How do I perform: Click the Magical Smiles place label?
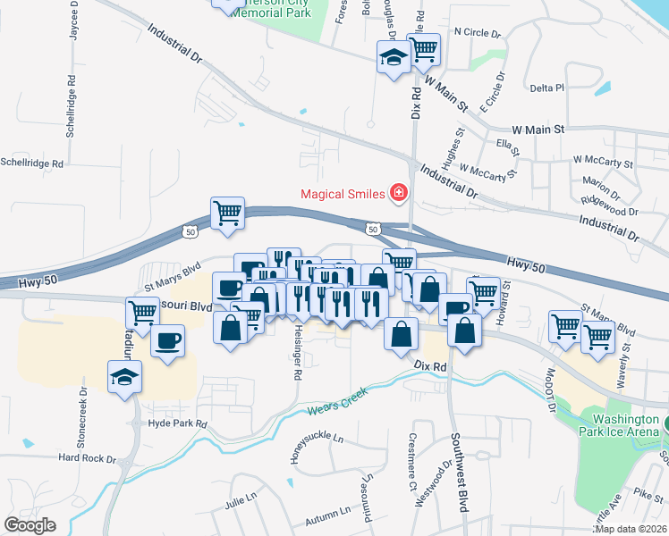point(340,194)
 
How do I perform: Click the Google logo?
point(30,525)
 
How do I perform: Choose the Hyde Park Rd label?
point(178,423)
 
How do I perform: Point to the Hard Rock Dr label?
point(88,457)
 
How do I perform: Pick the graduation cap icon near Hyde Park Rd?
point(124,377)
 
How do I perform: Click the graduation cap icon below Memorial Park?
point(392,58)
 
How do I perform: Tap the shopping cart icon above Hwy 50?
point(227,214)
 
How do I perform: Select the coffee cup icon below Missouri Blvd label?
point(167,339)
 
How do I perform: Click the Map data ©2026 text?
point(631,529)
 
